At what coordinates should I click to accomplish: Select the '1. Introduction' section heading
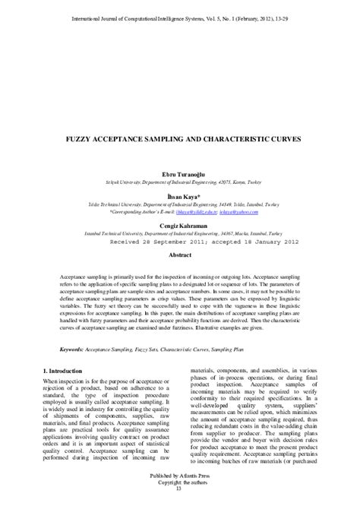[66, 369]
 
